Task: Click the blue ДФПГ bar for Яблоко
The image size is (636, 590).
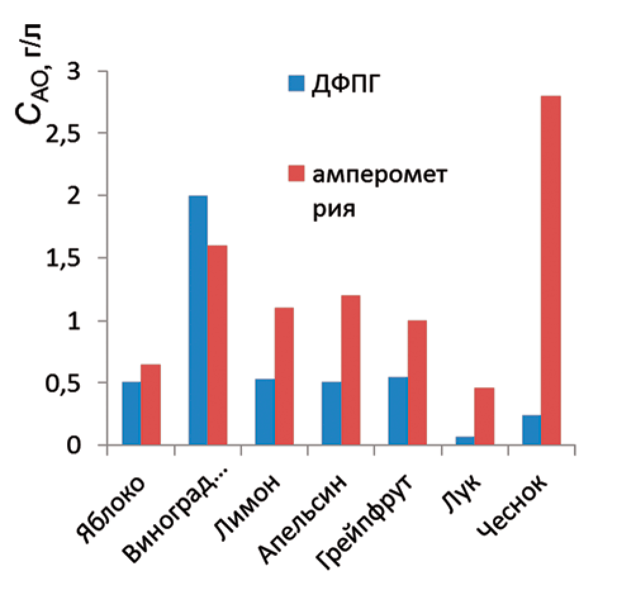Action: pyautogui.click(x=131, y=413)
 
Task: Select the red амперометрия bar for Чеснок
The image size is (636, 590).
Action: pyautogui.click(x=550, y=271)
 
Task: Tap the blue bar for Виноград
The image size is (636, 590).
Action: pyautogui.click(x=198, y=321)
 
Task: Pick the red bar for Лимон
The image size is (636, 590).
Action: pyautogui.click(x=284, y=376)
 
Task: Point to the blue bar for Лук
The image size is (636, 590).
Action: pyautogui.click(x=464, y=440)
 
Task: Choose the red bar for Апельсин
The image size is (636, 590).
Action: pyautogui.click(x=350, y=370)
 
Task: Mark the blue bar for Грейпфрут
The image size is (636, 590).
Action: pyautogui.click(x=398, y=411)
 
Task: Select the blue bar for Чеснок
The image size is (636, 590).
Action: pyautogui.click(x=531, y=430)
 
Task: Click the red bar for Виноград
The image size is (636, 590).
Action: pyautogui.click(x=217, y=345)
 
